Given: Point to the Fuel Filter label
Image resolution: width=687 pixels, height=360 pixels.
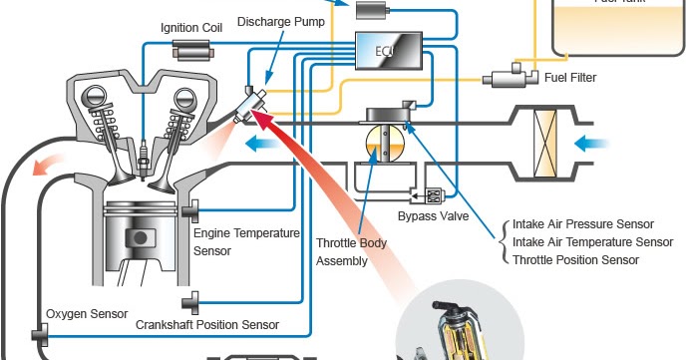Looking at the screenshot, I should coord(577,76).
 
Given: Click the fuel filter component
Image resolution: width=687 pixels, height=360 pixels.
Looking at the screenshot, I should coord(510,76).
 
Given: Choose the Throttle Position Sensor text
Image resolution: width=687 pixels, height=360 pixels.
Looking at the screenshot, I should coord(574,260).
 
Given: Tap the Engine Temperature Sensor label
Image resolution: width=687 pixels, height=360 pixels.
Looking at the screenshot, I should coord(246,242).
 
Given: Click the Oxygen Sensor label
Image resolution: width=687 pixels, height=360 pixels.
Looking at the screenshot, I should coord(87,314).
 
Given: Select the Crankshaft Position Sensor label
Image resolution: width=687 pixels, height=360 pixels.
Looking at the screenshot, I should coord(207,324).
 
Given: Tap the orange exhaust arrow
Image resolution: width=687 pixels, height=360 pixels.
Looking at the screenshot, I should coord(47,167).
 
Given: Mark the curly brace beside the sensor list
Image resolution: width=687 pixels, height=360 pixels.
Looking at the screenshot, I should coord(501,241).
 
